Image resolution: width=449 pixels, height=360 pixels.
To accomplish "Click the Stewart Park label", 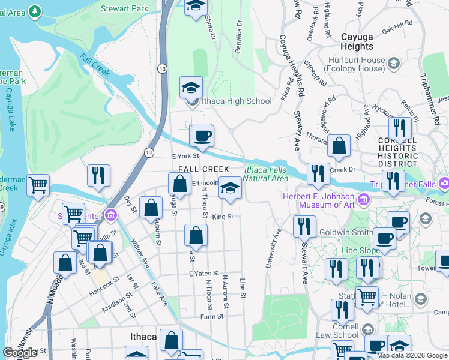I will point(125,9).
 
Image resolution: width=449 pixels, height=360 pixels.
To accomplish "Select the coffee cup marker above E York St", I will point(202,136).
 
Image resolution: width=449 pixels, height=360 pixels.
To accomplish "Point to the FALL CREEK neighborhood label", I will point(203,170).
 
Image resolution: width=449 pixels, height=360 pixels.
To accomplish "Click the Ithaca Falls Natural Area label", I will point(266,174).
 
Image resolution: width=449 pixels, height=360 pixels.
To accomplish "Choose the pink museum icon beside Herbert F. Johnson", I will point(362,199).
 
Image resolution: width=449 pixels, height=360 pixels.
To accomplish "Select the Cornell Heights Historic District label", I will point(397,152).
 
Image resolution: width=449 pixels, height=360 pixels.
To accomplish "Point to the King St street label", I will point(221,216).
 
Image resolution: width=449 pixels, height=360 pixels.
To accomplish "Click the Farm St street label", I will point(212,316).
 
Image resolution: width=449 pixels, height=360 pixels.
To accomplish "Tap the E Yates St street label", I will point(204,274).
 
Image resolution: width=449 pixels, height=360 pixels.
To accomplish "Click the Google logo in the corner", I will point(20,352).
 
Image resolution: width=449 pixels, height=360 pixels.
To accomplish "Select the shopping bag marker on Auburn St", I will point(152,208).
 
